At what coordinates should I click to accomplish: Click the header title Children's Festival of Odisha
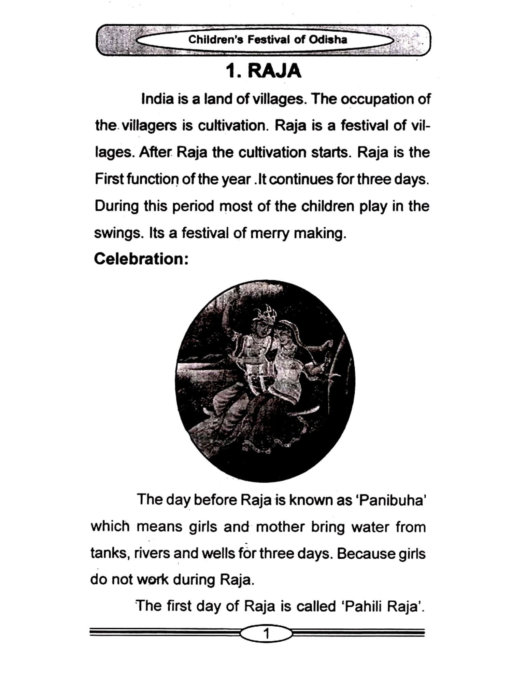click(x=268, y=40)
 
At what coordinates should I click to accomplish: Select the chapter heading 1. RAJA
click(x=264, y=71)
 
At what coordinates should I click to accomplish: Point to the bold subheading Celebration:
click(x=141, y=259)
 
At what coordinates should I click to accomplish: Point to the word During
click(x=116, y=207)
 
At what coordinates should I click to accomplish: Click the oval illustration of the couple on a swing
click(x=265, y=381)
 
